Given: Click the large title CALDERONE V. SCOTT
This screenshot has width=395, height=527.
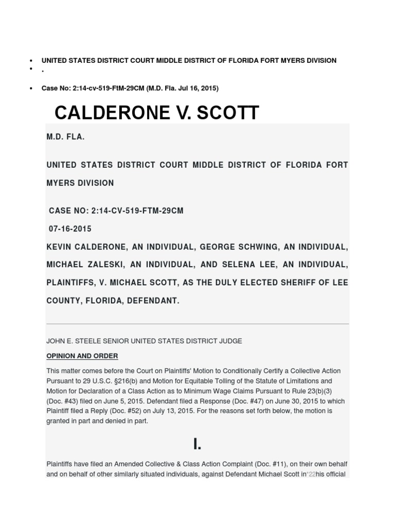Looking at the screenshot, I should (x=157, y=113).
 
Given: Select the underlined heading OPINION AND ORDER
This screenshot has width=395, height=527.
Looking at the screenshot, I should (x=82, y=356).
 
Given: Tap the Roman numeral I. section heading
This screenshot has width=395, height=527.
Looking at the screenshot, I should (x=197, y=444).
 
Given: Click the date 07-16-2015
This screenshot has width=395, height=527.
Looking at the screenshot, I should (x=70, y=229).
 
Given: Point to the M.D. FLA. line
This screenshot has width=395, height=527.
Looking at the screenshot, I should (x=66, y=138).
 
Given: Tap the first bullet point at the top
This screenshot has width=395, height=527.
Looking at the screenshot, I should (x=32, y=61).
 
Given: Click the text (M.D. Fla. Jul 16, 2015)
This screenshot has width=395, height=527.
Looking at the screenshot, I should (x=182, y=89).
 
